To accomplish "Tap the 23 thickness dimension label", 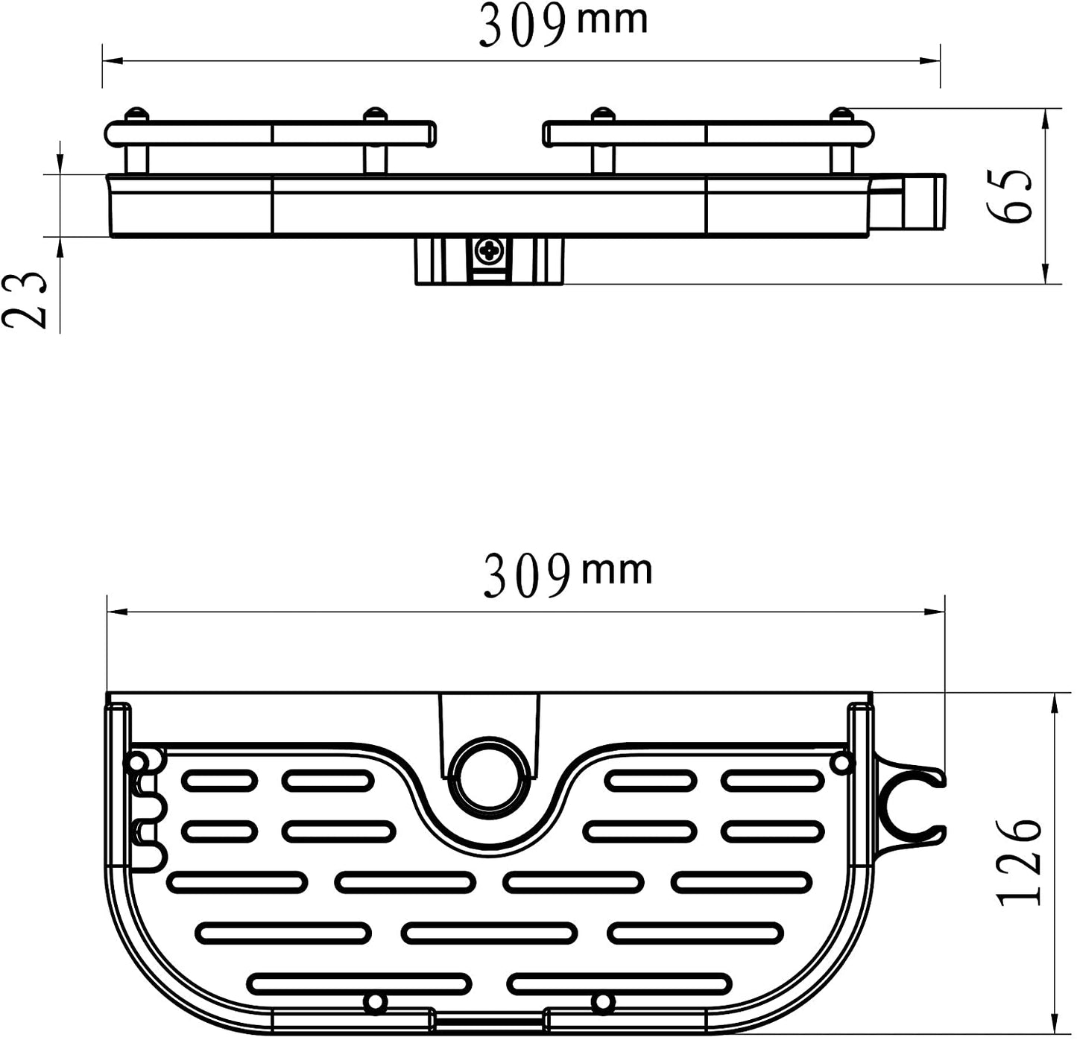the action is [x=25, y=301].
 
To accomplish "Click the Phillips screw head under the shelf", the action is [x=490, y=252].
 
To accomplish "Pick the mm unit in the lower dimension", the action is [x=617, y=570].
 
